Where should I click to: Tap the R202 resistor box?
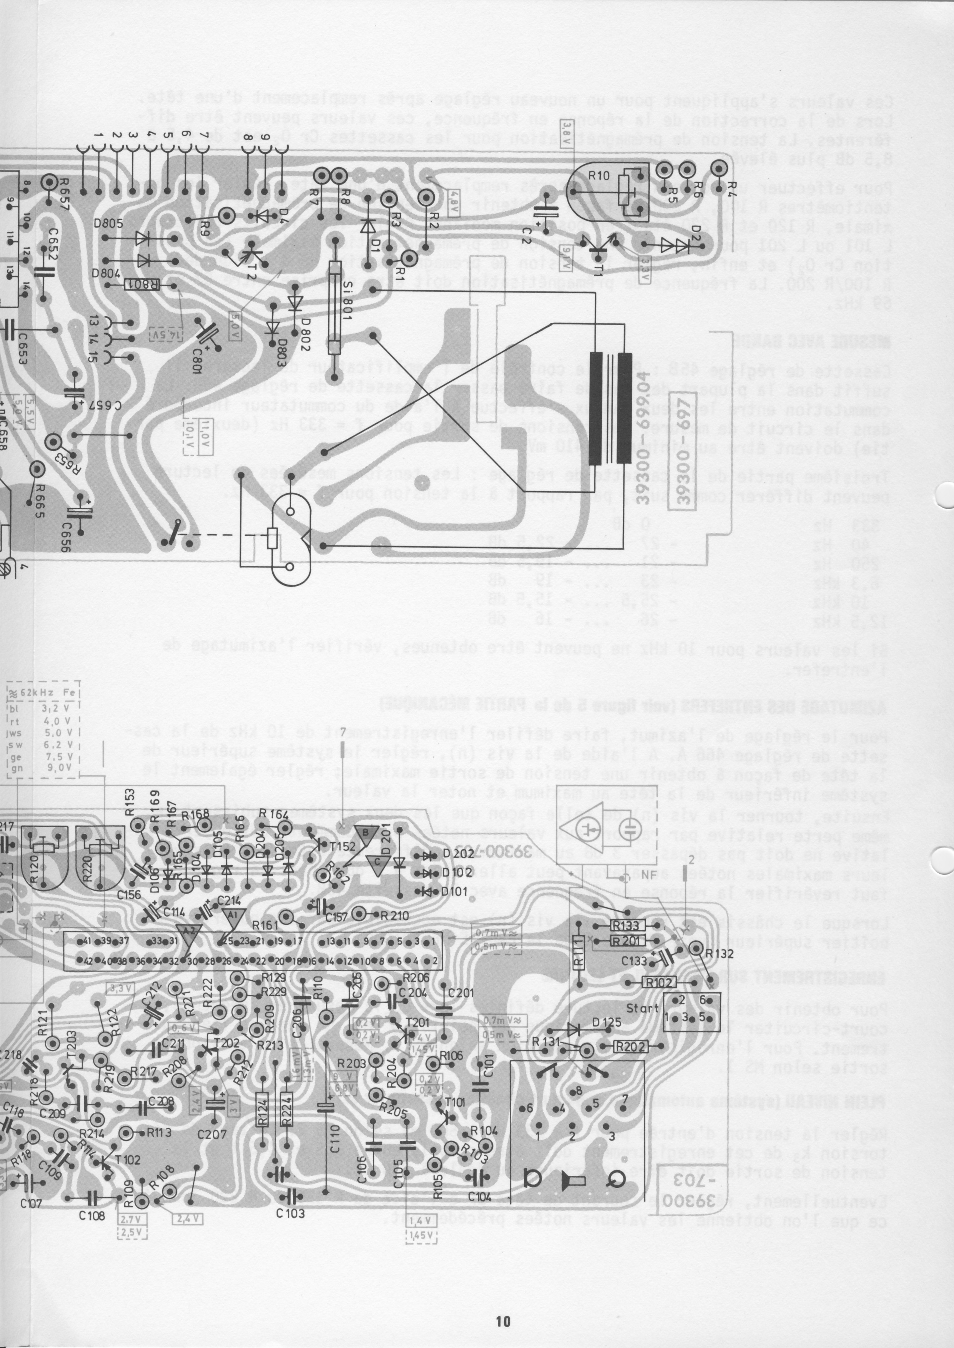[631, 1047]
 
